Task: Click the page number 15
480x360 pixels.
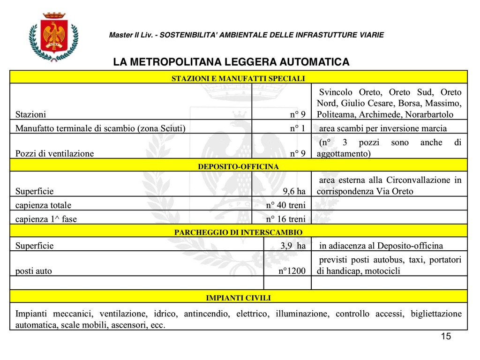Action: pos(446,337)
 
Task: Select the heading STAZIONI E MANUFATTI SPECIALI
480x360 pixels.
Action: pos(238,78)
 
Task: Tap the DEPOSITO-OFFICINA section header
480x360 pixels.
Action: pos(238,166)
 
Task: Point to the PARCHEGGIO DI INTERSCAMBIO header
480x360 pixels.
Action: pos(238,232)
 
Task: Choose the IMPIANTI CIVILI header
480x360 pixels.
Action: pos(238,297)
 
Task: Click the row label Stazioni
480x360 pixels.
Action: pos(31,114)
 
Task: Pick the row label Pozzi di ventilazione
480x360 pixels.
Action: pos(54,153)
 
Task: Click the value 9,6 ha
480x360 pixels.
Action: pos(294,191)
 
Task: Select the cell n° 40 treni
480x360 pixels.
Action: pos(285,205)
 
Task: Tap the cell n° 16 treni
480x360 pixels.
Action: pos(285,219)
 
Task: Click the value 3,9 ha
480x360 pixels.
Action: pos(293,246)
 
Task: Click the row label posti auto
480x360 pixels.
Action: pos(34,271)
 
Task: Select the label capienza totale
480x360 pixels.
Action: pos(43,205)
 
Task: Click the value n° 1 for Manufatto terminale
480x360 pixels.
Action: pos(297,128)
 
